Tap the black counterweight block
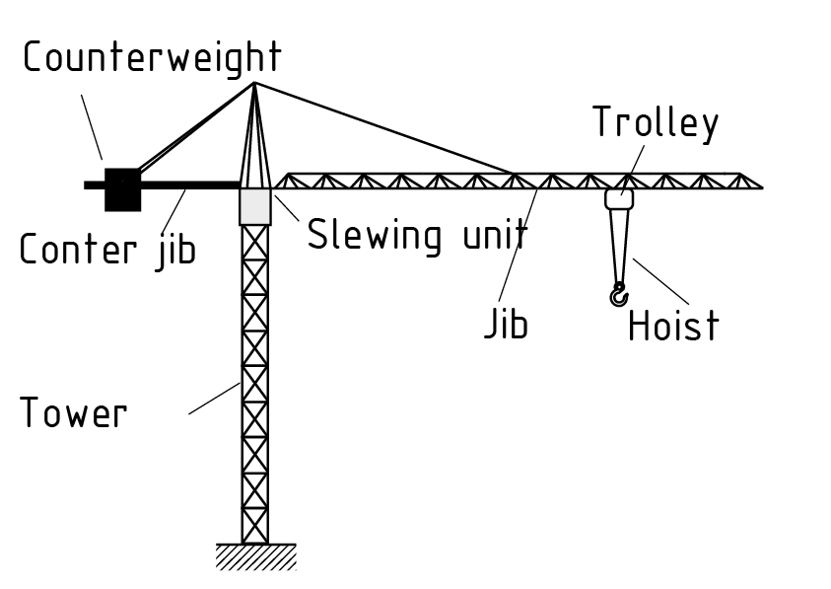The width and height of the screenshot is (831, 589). tap(122, 188)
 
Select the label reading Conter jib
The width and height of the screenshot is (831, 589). tap(107, 249)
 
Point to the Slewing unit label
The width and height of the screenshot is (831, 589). tap(417, 236)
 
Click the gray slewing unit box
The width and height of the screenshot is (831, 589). tap(254, 205)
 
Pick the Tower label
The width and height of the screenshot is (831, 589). tap(74, 411)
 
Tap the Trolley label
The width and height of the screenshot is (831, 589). tap(656, 123)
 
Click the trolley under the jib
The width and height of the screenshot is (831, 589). tap(619, 198)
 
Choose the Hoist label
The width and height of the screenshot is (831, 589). tap(673, 326)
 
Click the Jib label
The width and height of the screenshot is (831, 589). tap(506, 325)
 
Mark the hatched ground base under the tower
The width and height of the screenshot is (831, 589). tap(256, 556)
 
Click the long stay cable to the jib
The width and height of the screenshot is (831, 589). tap(384, 128)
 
